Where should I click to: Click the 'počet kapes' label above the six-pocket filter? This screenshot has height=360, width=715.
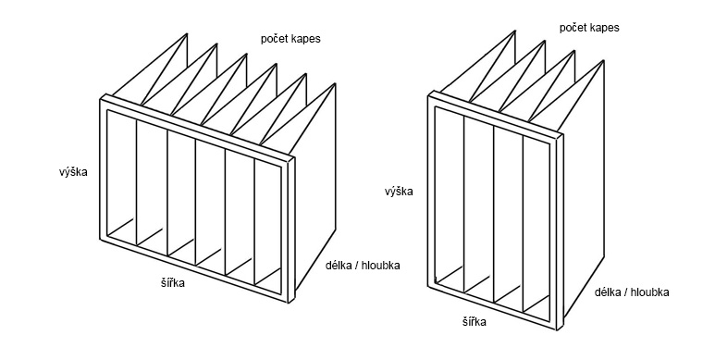(290, 39)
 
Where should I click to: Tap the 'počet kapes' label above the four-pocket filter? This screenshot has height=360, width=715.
(589, 28)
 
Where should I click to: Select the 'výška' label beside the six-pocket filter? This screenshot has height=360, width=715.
(73, 172)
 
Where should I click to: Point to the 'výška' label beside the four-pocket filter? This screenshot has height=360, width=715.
(399, 192)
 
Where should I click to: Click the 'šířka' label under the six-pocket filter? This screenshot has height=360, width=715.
(170, 283)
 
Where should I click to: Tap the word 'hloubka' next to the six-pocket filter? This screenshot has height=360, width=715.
(381, 266)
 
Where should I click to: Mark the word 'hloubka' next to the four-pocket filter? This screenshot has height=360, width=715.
(650, 292)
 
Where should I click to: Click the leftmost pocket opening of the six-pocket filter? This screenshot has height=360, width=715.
(122, 178)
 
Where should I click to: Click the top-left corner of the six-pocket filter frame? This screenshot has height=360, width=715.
(100, 99)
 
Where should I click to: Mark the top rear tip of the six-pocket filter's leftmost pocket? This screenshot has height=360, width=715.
(187, 33)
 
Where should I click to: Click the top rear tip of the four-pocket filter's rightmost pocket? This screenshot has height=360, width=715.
(604, 60)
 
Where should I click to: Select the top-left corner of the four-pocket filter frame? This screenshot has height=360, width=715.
(428, 95)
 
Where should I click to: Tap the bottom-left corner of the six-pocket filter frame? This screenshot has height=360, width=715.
(100, 239)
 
